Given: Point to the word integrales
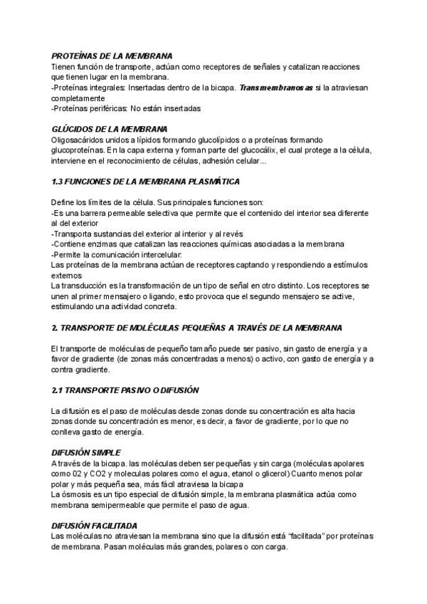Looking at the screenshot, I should (x=105, y=88).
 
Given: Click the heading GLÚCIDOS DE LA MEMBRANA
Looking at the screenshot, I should (x=110, y=130).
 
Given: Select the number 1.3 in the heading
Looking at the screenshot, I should (x=58, y=182).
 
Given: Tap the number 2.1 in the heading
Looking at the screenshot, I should (x=58, y=390).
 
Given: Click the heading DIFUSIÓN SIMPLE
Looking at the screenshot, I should (x=86, y=452).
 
